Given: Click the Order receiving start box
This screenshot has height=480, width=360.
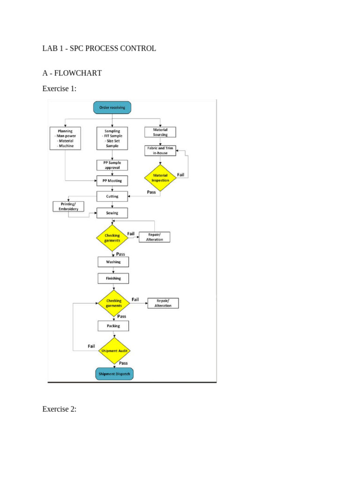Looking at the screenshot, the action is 112,107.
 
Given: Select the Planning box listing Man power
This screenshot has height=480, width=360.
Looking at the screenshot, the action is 65,138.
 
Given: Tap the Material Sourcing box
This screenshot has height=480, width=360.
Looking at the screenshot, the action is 160,132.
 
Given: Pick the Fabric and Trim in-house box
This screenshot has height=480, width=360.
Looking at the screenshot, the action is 160,150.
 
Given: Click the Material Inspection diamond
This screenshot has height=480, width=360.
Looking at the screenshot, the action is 160,178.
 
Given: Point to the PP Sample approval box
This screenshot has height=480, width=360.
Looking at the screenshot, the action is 112,165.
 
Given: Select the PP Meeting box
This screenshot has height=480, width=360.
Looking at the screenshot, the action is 112,181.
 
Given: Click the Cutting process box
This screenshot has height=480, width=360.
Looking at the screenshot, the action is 112,196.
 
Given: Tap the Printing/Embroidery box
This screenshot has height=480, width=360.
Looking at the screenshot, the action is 68,207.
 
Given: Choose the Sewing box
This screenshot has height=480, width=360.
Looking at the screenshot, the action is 112,213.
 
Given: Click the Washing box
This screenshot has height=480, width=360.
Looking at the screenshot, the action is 113,262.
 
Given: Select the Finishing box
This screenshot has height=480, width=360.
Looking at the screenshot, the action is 113,278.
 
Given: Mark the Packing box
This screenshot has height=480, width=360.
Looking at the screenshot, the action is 113,326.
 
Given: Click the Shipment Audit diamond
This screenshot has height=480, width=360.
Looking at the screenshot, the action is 114,351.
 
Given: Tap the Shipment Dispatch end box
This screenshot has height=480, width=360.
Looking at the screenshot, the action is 114,374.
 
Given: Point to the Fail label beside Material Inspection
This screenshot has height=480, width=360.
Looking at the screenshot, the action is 180,175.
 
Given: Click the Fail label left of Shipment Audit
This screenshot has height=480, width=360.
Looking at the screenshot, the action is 91,346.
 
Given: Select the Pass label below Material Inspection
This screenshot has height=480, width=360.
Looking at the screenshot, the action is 151,192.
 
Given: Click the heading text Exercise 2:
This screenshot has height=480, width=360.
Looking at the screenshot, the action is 60,409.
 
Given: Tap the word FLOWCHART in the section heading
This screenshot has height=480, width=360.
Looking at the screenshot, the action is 78,73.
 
